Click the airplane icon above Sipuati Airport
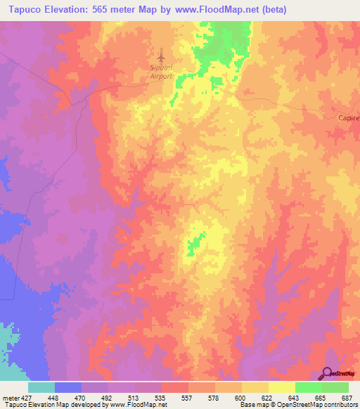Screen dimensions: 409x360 point(162,54)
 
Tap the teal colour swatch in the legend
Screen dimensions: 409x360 point(41,387)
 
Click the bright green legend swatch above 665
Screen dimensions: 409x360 point(308,387)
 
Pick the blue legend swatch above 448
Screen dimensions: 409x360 point(68,387)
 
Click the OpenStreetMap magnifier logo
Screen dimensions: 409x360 point(328,373)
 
